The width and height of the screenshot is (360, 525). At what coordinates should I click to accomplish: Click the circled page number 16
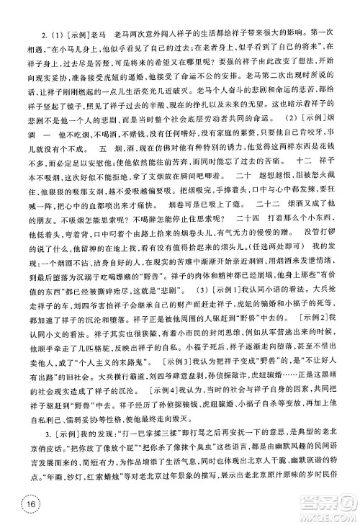click(17, 504)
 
